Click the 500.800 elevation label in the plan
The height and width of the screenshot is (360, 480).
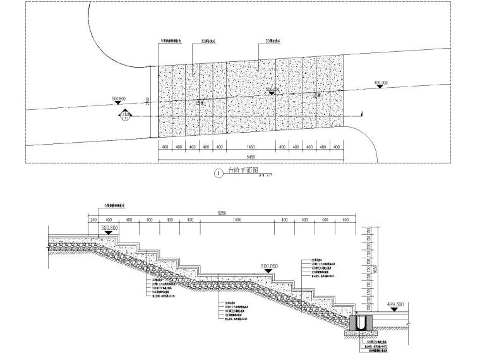[119, 99]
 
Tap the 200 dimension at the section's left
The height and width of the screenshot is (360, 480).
[93, 220]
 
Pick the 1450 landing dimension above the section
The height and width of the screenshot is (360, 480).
[237, 220]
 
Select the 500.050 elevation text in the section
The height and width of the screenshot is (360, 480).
[270, 267]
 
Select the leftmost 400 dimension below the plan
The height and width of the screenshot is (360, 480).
[164, 147]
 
